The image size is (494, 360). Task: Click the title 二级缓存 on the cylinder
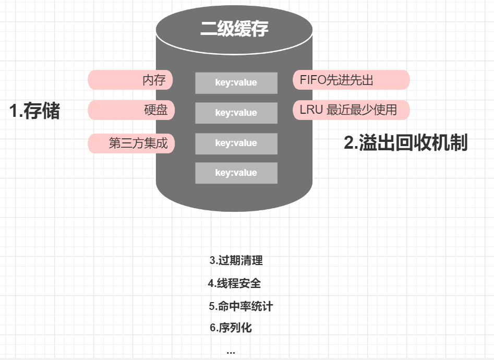[x=234, y=29]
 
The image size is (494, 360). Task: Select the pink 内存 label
[x=131, y=80]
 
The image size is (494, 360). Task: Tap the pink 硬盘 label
[x=131, y=111]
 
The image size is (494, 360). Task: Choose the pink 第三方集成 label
[x=131, y=143]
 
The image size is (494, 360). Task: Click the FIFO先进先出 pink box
[x=351, y=80]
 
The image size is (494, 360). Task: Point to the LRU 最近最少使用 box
[x=351, y=110]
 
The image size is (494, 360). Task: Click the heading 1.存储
[x=35, y=111]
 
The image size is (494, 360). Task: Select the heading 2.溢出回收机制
[x=405, y=143]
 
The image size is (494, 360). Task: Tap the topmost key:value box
[x=236, y=83]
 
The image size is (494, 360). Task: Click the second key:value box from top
[x=236, y=113]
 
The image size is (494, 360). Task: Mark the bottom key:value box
[x=236, y=173]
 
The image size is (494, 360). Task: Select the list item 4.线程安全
[x=234, y=284]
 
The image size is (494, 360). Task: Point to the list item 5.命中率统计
[x=241, y=307]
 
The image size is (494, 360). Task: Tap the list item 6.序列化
[x=231, y=328]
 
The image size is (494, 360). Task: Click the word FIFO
[x=312, y=80]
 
